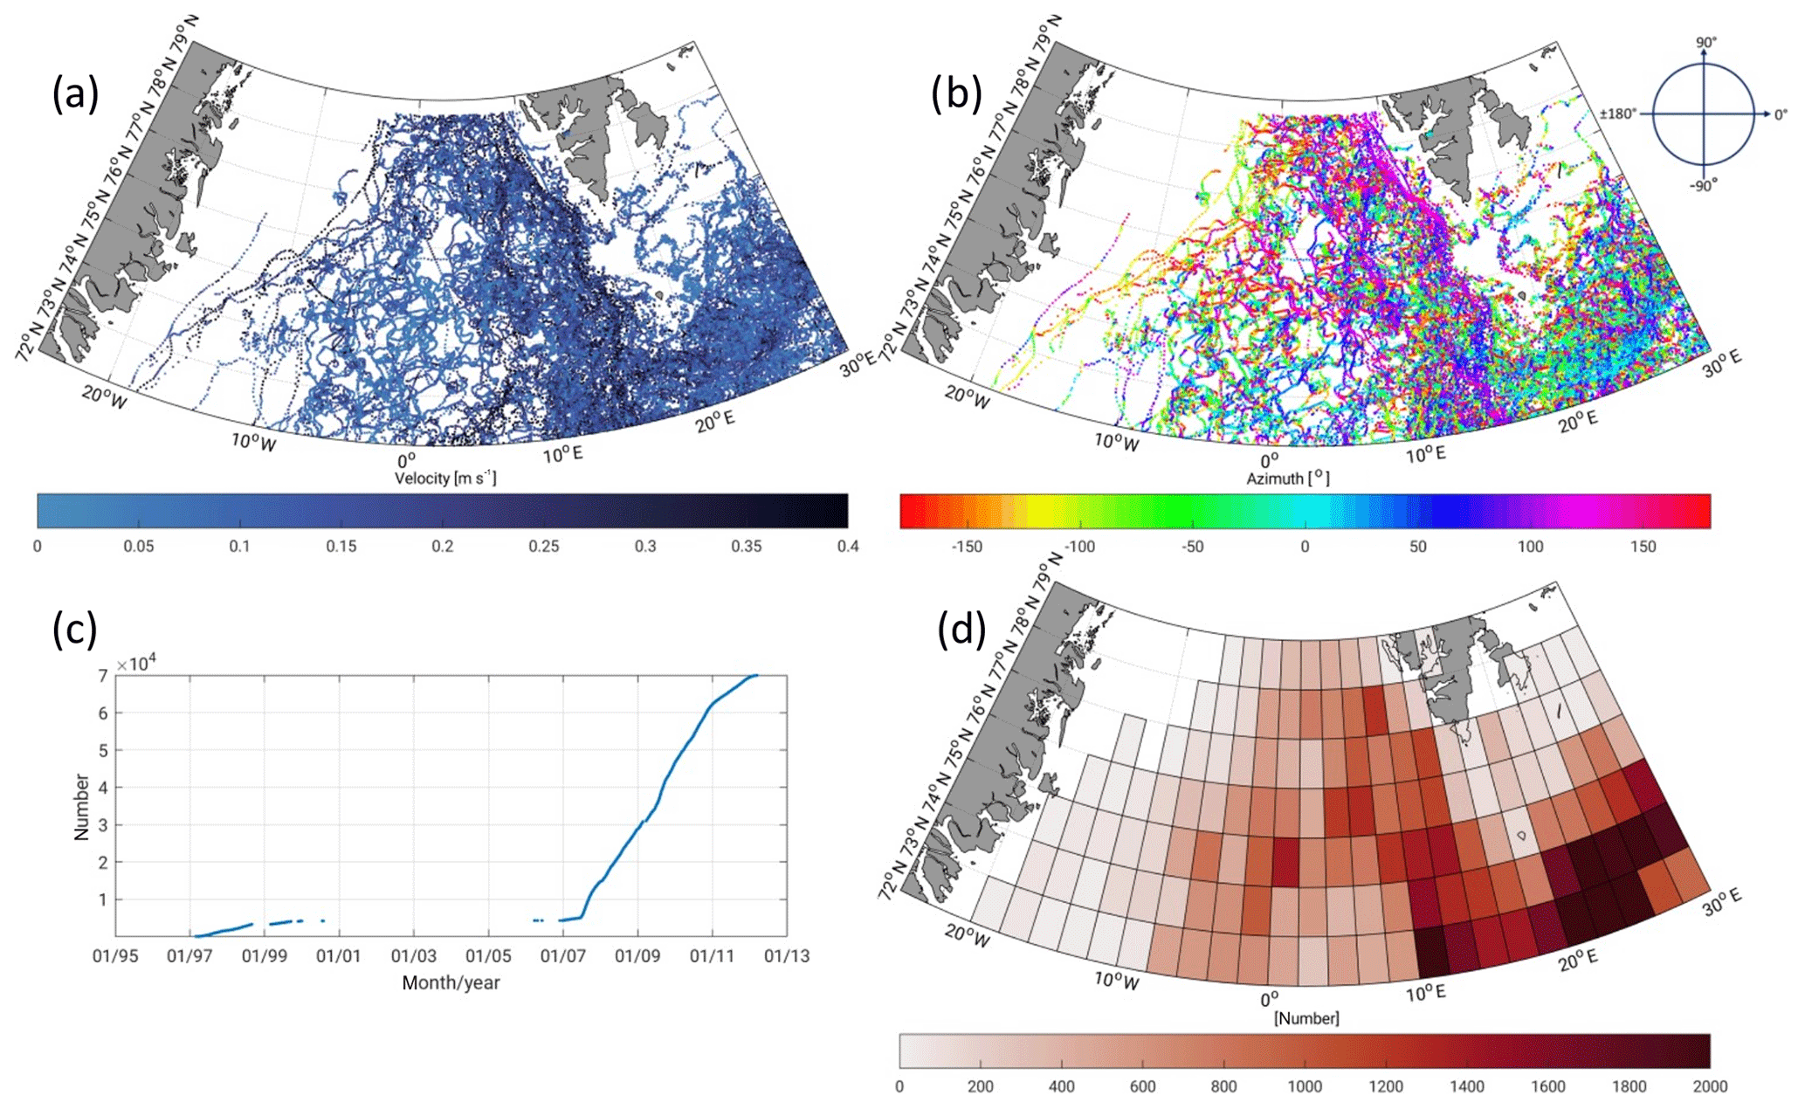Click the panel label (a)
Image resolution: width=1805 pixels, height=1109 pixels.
[75, 93]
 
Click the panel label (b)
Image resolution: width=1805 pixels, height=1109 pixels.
[957, 93]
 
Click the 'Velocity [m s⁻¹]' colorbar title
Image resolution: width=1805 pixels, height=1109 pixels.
[445, 478]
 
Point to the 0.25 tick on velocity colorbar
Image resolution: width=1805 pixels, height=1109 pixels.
[544, 547]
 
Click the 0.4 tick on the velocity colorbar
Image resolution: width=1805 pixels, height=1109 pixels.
[847, 547]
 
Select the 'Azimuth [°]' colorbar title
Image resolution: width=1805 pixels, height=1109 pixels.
[1288, 478]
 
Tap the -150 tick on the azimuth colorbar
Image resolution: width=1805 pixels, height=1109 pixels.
[966, 547]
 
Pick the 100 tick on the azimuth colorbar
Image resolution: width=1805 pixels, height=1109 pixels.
[1530, 547]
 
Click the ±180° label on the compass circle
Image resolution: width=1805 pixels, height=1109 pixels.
[1618, 114]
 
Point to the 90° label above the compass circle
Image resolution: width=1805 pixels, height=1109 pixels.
[1705, 43]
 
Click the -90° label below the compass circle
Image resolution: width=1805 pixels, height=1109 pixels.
[1704, 185]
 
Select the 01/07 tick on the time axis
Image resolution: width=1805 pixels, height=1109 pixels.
[562, 956]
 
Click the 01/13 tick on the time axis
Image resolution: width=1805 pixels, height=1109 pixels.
[787, 956]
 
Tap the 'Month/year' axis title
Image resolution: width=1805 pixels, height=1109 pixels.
[451, 983]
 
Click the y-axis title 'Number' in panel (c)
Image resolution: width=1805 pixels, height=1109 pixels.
[82, 807]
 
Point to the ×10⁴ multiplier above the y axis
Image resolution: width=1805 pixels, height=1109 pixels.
[136, 664]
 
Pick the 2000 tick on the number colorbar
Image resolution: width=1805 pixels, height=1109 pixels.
[1709, 1086]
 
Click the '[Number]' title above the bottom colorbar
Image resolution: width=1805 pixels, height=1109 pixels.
[1306, 1018]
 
